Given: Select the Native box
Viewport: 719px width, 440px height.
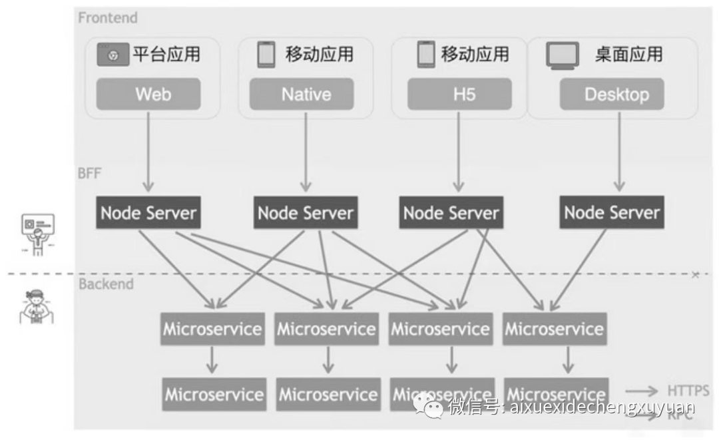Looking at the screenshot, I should click(306, 94).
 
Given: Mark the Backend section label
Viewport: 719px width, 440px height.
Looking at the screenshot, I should click(106, 284).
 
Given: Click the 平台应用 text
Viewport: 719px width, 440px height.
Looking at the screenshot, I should click(166, 54).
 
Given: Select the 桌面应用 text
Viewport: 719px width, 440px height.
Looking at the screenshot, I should click(628, 54).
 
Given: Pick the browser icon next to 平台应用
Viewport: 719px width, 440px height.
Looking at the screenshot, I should click(113, 55).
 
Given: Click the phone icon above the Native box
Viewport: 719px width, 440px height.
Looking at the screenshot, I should click(266, 55).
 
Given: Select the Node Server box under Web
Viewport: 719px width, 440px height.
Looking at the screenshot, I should click(148, 213).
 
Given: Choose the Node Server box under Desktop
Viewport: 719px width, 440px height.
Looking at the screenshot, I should click(611, 213).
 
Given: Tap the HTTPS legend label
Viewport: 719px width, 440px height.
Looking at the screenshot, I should click(688, 391).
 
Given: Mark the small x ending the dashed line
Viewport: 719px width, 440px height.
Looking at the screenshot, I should click(696, 274).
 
